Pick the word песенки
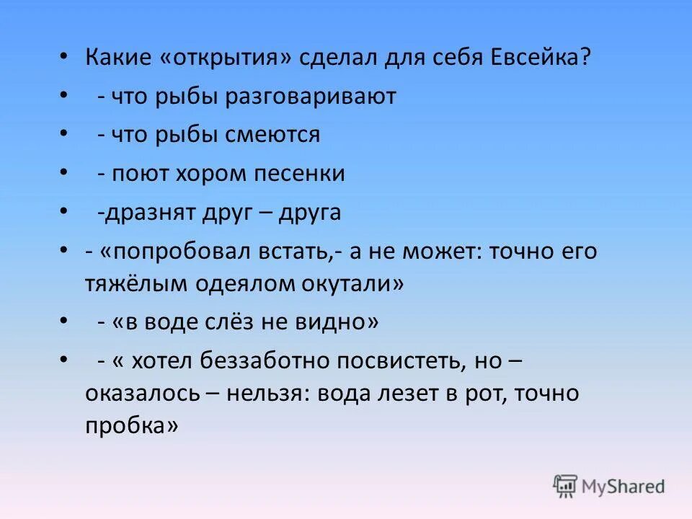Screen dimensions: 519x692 click(x=302, y=174)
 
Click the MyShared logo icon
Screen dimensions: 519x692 click(x=566, y=486)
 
